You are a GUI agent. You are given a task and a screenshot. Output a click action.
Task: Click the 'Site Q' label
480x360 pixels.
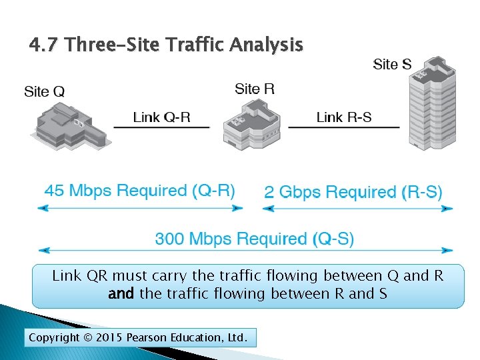point(44,91)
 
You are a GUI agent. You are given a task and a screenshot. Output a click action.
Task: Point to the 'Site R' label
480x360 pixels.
point(255,89)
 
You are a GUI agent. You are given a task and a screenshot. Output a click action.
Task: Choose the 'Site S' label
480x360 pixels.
point(392,64)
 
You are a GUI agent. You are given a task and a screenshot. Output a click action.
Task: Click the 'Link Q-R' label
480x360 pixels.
point(161,117)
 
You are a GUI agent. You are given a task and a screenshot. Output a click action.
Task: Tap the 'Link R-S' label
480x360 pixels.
point(344,117)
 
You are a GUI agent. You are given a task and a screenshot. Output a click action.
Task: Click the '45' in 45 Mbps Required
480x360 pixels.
point(54,191)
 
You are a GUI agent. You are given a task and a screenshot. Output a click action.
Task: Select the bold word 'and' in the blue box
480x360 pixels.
point(121,293)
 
